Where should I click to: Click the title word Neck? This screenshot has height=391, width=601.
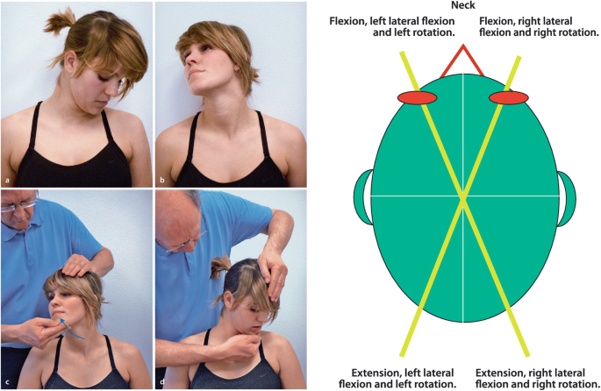tap(461, 7)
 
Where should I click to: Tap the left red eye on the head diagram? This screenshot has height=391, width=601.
tap(417, 96)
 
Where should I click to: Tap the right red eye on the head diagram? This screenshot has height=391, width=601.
tap(509, 96)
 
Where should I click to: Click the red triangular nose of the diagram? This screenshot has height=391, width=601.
tap(462, 61)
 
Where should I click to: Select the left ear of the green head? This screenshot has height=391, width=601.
tap(361, 197)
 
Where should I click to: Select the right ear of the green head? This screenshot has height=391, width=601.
tap(566, 197)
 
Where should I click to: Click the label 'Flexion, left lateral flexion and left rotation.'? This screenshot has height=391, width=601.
tap(393, 26)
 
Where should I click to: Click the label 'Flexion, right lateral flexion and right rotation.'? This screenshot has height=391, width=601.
tap(533, 26)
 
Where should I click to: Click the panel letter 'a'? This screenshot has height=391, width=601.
tap(7, 179)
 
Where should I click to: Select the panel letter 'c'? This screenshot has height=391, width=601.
tap(7, 383)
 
